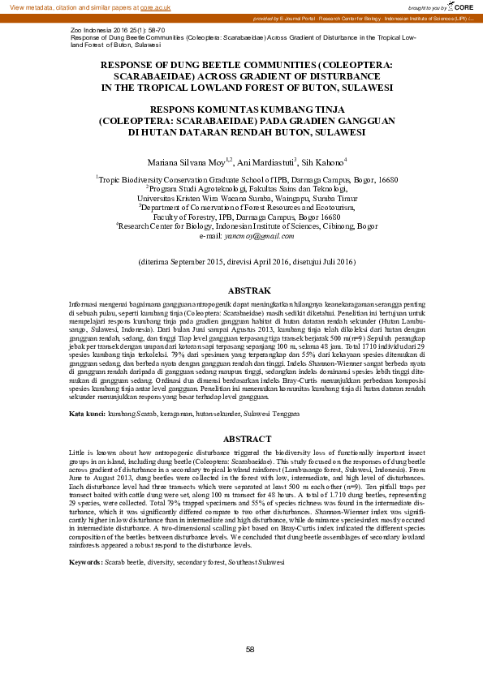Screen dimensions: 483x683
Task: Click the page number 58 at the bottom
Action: (250, 650)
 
